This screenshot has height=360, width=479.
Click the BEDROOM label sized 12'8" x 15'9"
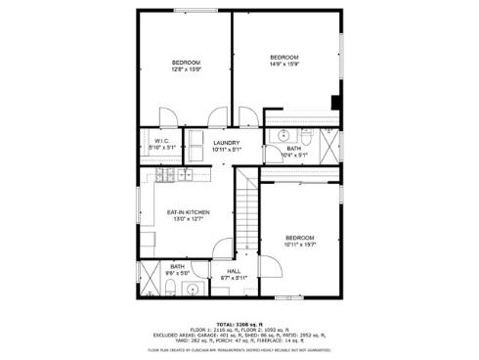[185, 66]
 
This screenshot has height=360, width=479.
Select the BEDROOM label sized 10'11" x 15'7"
[300, 241]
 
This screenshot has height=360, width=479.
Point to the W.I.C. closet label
[162, 144]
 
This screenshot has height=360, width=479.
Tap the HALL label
[234, 274]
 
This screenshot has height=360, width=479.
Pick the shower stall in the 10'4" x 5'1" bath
[327, 144]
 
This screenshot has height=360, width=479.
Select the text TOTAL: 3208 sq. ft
[239, 323]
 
